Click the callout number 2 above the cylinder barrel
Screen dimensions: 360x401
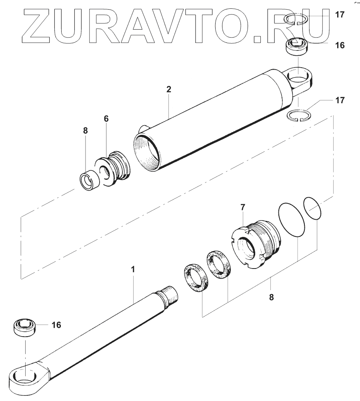[169, 89]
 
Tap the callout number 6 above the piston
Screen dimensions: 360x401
[106, 119]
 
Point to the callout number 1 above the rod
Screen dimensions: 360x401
[133, 270]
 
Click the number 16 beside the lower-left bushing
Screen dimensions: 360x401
[56, 325]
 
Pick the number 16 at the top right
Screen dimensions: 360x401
[340, 45]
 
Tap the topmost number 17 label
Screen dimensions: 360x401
[340, 15]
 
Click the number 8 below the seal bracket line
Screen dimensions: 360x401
[272, 297]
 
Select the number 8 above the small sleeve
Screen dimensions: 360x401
[86, 130]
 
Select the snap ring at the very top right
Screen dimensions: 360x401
[296, 19]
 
